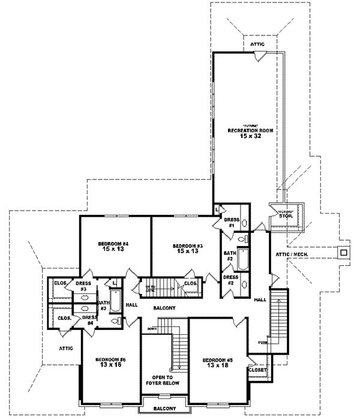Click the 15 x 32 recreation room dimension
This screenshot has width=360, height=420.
247,137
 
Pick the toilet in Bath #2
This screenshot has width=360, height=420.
242,239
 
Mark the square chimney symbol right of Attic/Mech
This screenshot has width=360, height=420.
343,253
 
